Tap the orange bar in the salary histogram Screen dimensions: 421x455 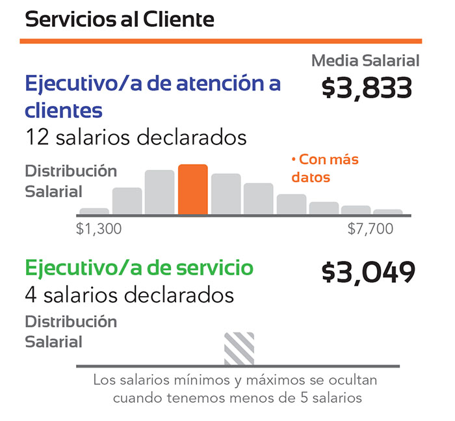(x=193, y=189)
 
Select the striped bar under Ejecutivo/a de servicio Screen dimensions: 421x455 (x=239, y=349)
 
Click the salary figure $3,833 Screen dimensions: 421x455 (x=367, y=88)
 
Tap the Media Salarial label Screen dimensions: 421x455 (x=365, y=61)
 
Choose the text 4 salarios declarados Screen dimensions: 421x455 (x=129, y=295)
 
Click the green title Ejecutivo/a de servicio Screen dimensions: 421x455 (x=139, y=267)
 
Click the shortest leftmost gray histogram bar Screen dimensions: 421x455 (x=94, y=211)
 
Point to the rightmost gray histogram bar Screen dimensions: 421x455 (x=388, y=211)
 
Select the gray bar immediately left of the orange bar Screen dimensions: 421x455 (x=159, y=192)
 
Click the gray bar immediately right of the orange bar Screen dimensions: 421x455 (x=226, y=194)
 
